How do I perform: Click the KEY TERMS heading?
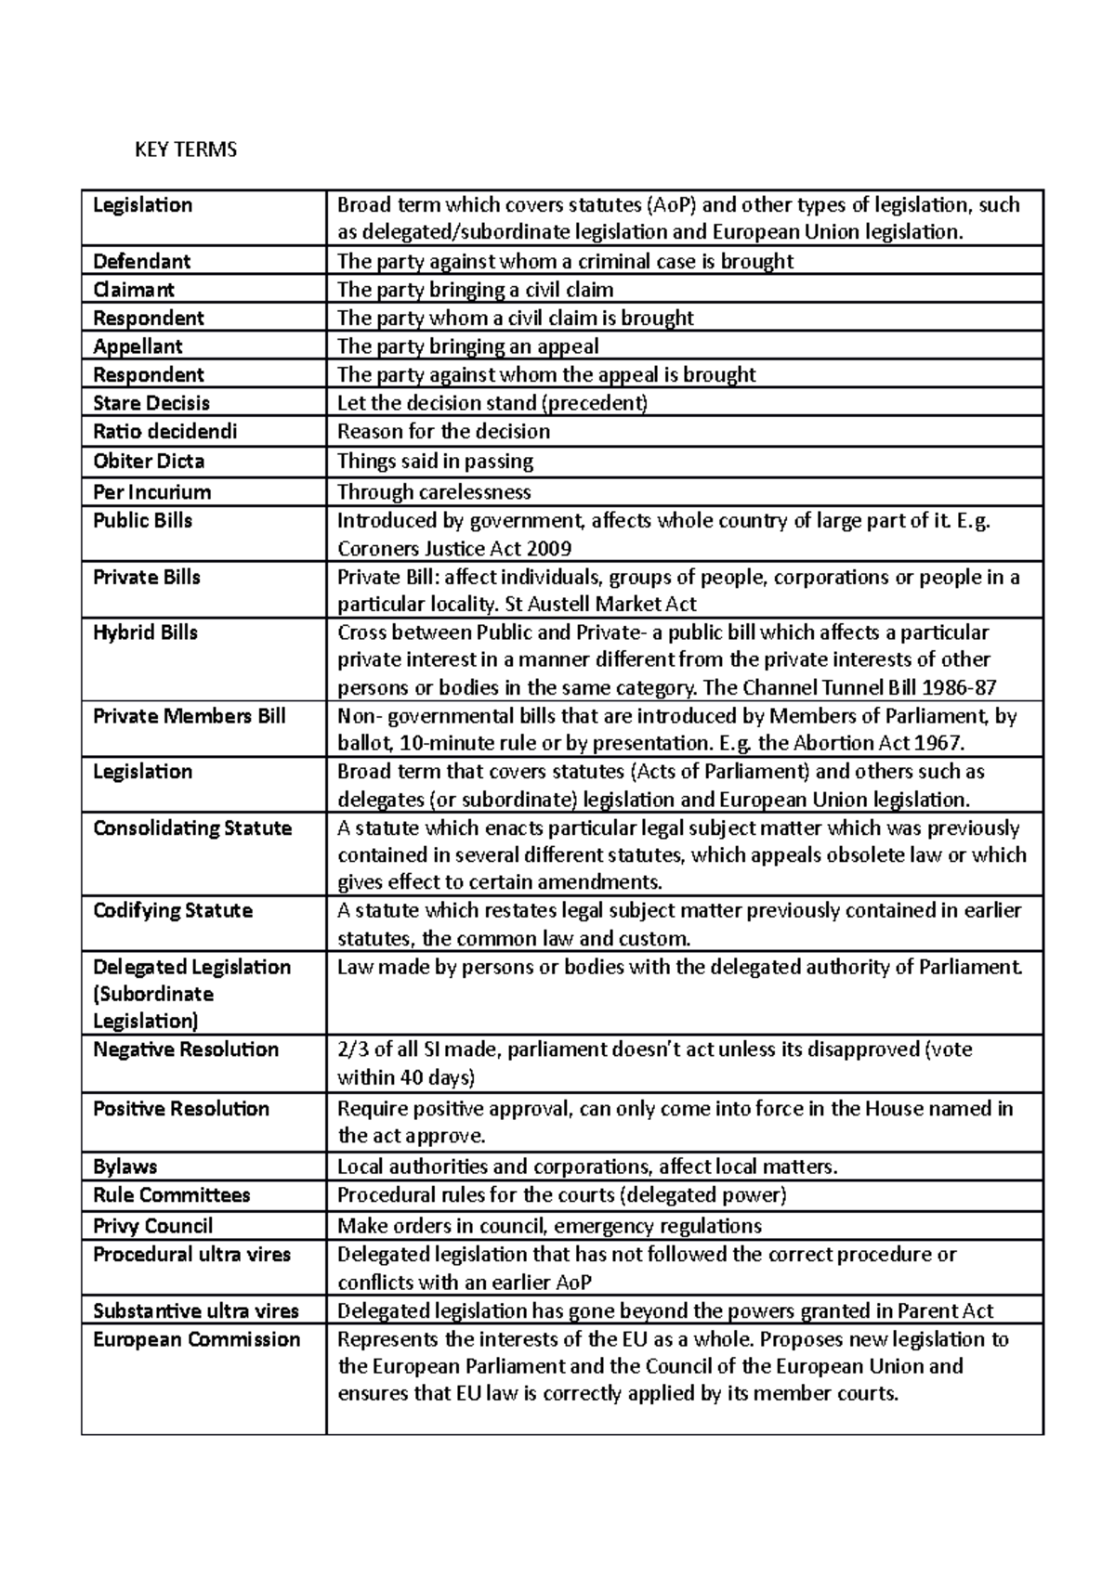pyautogui.click(x=186, y=150)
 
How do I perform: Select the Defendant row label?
pyautogui.click(x=141, y=261)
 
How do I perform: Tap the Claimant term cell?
pyautogui.click(x=134, y=290)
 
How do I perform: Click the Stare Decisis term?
pyautogui.click(x=151, y=403)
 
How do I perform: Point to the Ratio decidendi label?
pyautogui.click(x=164, y=431)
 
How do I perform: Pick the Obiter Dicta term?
pyautogui.click(x=149, y=461)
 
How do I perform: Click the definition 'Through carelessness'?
pyautogui.click(x=434, y=491)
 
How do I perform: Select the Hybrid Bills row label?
pyautogui.click(x=145, y=632)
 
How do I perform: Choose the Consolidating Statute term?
pyautogui.click(x=192, y=828)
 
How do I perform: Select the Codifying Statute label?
pyautogui.click(x=173, y=910)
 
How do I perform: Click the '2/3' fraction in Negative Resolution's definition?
pyautogui.click(x=351, y=1049)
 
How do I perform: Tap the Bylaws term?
pyautogui.click(x=125, y=1166)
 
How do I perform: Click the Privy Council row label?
pyautogui.click(x=152, y=1225)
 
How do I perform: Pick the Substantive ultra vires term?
pyautogui.click(x=196, y=1310)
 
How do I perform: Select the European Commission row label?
pyautogui.click(x=196, y=1339)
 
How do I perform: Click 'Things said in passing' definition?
pyautogui.click(x=435, y=461)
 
